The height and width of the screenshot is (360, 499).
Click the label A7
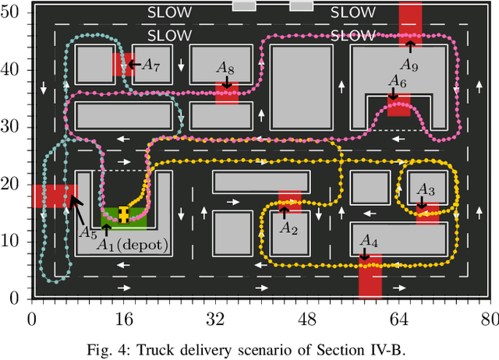click(x=150, y=65)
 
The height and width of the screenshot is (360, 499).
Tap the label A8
click(x=226, y=69)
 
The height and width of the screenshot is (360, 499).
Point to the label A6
click(x=398, y=82)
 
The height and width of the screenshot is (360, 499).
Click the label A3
click(x=426, y=189)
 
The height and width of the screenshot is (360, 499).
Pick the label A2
click(x=288, y=228)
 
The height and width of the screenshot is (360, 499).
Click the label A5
click(x=87, y=231)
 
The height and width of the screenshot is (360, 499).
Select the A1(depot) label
click(x=133, y=245)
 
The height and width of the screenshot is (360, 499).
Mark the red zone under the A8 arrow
click(x=226, y=94)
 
